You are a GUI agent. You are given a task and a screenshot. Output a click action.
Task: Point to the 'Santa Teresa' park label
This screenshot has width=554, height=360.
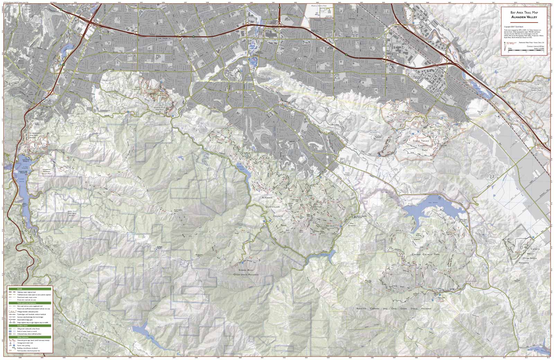pos(420,141)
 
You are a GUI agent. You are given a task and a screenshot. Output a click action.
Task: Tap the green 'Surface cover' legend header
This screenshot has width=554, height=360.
pos(30,326)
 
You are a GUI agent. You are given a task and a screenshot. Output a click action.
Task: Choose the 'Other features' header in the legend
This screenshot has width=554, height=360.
pos(30,337)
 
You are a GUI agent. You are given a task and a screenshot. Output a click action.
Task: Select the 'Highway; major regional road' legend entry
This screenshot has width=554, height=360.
pos(29,292)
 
